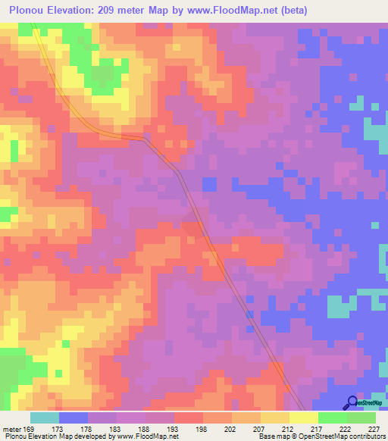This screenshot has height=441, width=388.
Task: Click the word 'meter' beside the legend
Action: click(11, 429)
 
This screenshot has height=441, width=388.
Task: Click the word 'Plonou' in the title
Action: click(23, 10)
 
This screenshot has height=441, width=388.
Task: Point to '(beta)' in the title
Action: click(290, 10)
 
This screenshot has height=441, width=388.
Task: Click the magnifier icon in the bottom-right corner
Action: click(352, 402)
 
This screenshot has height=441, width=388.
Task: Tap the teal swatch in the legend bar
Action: click(45, 418)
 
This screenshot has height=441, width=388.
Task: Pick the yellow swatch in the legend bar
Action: click(304, 418)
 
